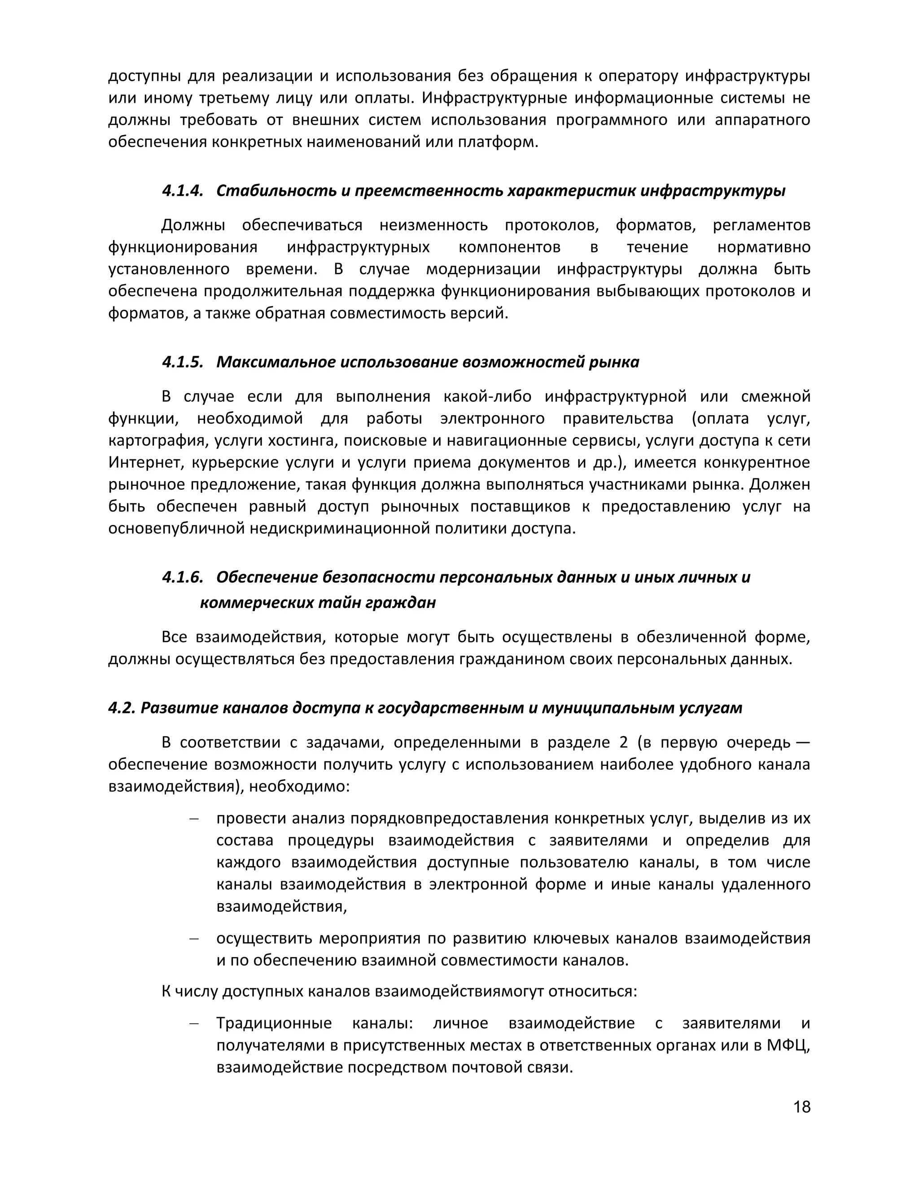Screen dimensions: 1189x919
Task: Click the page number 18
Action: click(802, 1107)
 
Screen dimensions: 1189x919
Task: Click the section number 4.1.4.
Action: click(182, 191)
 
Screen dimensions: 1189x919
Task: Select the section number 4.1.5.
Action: click(182, 362)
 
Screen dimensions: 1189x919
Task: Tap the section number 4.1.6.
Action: click(182, 577)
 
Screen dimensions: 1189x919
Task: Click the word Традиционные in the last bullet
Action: click(274, 1023)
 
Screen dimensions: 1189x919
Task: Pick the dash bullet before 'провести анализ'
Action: click(193, 819)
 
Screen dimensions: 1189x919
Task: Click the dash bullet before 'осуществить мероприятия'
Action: click(193, 939)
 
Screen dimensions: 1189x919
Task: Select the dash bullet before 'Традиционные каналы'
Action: click(193, 1023)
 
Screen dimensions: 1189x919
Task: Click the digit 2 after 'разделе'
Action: click(623, 742)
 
